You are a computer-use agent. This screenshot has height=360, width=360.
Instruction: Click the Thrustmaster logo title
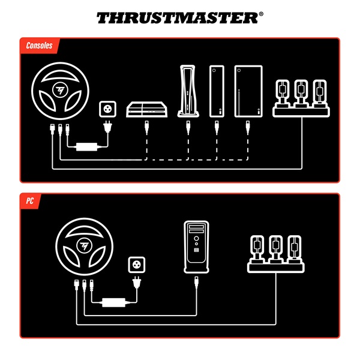point(179,17)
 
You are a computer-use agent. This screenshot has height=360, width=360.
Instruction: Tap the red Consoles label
point(40,46)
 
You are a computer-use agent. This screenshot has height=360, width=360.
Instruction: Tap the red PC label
point(29,201)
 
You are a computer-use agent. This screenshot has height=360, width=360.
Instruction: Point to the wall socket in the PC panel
point(137,266)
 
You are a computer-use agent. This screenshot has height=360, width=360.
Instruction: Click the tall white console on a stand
point(187,91)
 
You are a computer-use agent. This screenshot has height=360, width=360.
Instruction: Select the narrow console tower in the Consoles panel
point(217,91)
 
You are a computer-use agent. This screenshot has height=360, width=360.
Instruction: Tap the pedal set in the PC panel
point(276,253)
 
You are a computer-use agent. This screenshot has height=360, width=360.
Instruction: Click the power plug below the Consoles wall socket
point(109,128)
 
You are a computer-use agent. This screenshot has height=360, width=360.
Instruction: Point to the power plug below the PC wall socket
point(137,283)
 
